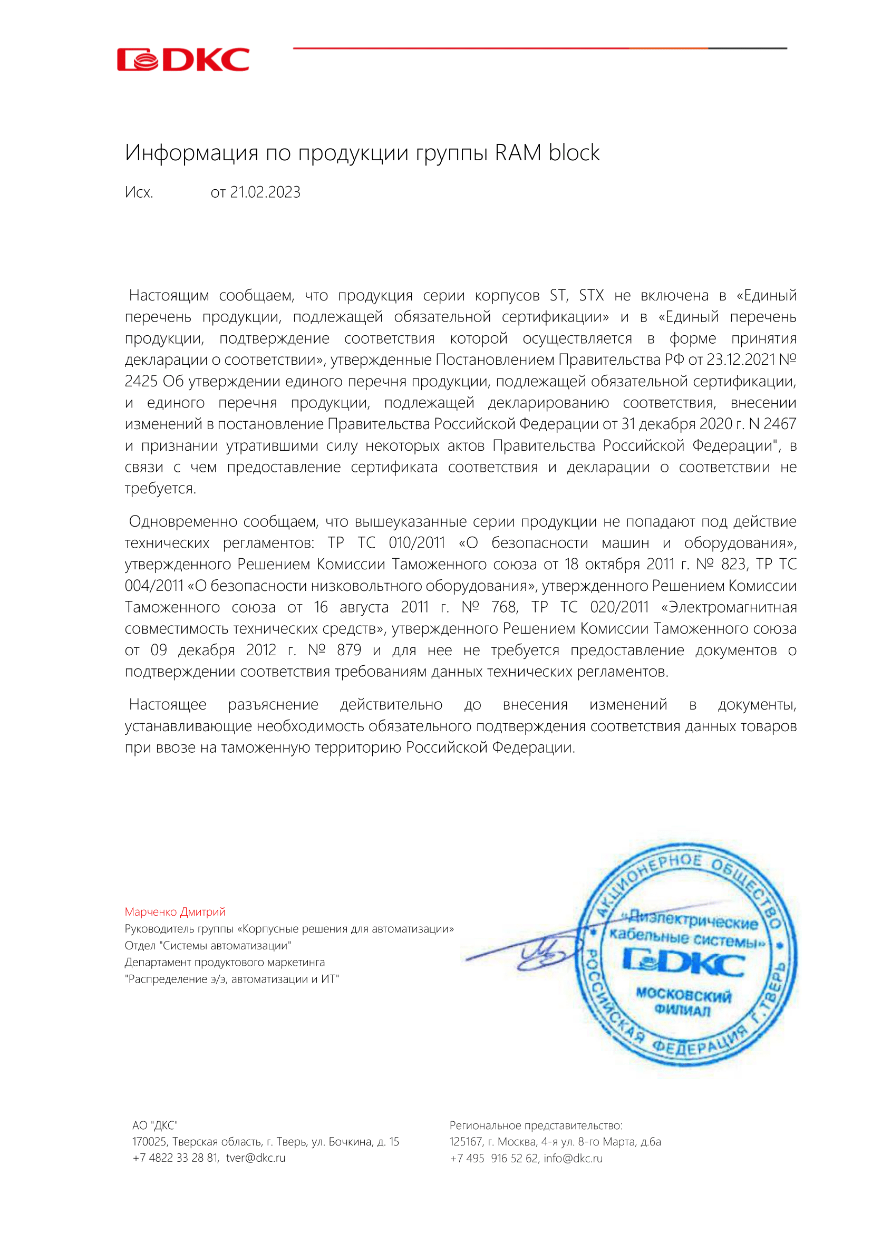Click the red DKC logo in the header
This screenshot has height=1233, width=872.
pos(183,60)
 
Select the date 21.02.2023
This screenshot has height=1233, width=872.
pos(265,192)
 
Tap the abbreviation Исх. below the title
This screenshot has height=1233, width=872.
pos(139,192)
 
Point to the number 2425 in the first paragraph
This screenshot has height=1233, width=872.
pos(141,381)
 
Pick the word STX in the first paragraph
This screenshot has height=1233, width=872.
pos(591,295)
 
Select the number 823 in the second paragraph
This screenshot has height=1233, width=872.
pos(733,565)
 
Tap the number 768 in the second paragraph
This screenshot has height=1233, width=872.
pos(504,607)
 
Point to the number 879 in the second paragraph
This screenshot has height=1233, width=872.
pos(349,651)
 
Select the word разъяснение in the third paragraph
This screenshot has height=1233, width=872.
pos(273,705)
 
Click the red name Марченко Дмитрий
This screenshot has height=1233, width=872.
pos(175,912)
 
